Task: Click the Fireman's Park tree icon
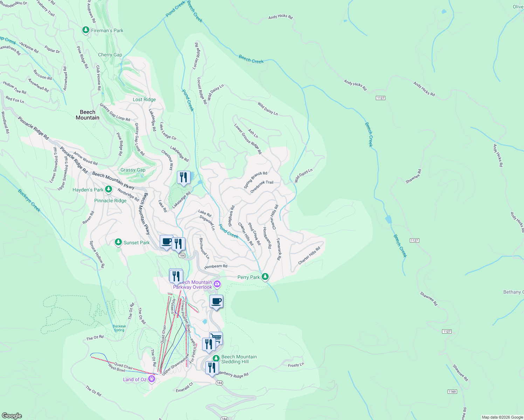point(85,30)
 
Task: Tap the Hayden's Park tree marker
point(109,189)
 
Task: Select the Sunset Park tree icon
point(118,242)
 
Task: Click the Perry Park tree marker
point(265,277)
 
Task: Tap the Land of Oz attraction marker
point(152,379)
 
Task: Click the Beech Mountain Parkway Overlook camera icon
point(217,284)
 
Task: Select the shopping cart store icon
point(216,338)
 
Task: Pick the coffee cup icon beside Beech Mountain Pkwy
point(167,241)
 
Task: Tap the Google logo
point(12,415)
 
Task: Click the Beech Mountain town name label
point(88,115)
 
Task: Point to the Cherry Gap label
point(110,55)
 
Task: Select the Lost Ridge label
point(144,99)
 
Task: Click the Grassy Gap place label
point(133,170)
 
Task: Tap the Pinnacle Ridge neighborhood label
point(110,201)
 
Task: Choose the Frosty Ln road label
point(296,365)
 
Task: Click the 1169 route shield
point(452,391)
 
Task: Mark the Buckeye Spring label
point(119,328)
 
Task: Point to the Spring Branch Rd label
point(255,180)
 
